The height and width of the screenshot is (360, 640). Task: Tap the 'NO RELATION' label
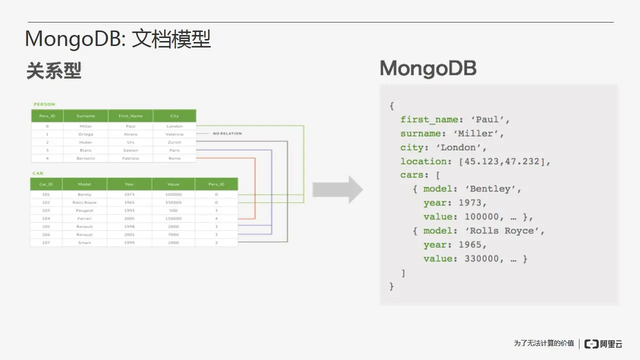227,133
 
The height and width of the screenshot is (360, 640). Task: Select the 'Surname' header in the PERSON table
85,116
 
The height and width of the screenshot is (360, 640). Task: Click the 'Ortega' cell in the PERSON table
85,134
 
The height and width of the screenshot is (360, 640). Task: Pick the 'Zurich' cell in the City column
174,142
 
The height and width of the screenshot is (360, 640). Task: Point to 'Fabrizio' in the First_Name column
130,158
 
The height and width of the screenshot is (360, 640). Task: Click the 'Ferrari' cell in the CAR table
84,218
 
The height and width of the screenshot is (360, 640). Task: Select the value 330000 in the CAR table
173,202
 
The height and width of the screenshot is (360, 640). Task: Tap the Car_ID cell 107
45,242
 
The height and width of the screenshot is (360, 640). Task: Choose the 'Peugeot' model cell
84,210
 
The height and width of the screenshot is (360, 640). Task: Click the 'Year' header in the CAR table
129,184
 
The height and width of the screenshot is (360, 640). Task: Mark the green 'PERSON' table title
44,104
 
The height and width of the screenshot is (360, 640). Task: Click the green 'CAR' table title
38,173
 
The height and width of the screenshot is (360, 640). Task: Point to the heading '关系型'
53,71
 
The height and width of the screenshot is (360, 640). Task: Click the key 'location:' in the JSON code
419,161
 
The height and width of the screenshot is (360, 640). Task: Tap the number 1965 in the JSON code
469,245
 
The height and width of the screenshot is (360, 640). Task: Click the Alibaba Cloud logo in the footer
603,343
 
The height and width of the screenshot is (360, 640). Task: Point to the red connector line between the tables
255,190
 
